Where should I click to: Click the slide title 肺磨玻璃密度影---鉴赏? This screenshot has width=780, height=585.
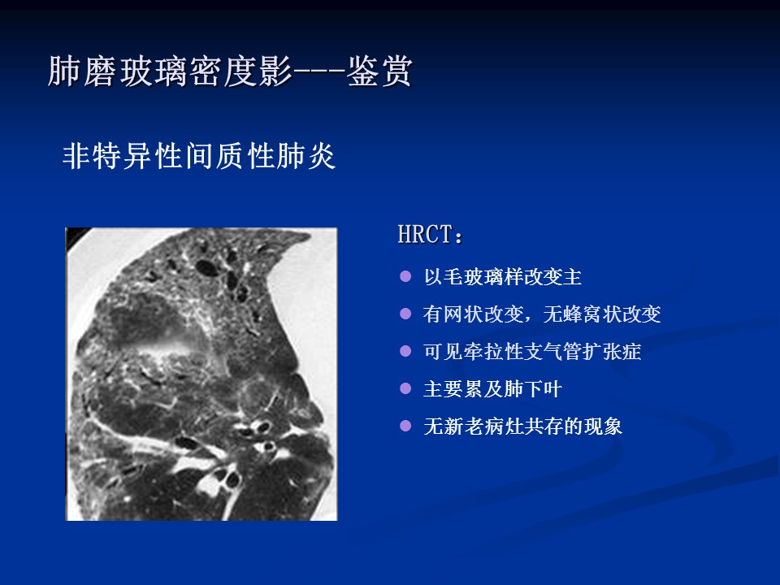click(230, 71)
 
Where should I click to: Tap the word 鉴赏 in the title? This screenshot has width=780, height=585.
click(379, 71)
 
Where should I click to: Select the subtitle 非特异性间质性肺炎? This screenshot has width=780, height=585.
click(199, 156)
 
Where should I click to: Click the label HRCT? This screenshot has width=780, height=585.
click(431, 234)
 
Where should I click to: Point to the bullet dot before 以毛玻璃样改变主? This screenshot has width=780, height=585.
click(405, 276)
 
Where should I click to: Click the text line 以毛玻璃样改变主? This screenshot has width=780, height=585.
click(502, 276)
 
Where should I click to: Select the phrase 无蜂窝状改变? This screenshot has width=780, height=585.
click(602, 314)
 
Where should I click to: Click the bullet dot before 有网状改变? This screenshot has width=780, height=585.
click(405, 314)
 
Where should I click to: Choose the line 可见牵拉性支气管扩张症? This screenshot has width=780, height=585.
click(532, 351)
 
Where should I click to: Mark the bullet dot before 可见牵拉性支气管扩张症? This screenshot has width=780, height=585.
click(405, 351)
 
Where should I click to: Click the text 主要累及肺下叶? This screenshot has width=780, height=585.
click(492, 388)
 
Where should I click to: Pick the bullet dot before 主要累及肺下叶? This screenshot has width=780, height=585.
click(405, 388)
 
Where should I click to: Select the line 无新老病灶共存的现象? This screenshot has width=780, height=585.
click(522, 427)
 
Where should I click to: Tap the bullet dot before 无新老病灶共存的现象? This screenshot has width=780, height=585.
click(405, 426)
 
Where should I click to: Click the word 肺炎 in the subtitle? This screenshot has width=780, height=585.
click(306, 156)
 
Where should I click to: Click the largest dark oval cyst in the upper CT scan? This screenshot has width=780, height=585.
click(207, 268)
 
